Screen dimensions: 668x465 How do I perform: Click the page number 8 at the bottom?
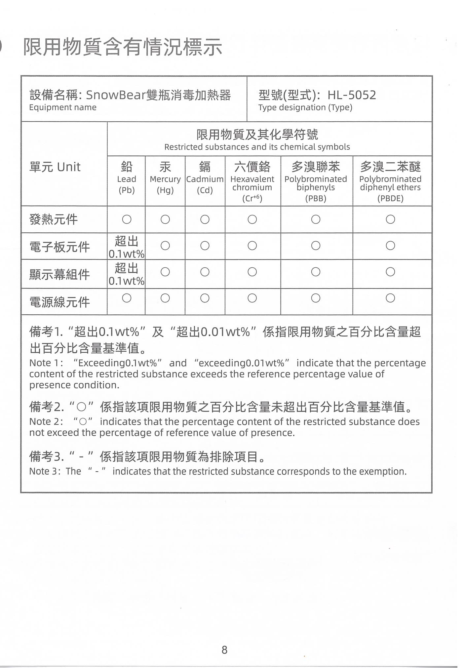(224, 649)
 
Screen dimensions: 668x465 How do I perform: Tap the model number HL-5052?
(352, 95)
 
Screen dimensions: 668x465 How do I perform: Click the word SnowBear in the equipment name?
(116, 95)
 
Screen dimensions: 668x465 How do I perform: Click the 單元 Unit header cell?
(55, 167)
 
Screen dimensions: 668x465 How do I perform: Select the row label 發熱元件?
(54, 219)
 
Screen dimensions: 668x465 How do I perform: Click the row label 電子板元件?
(59, 247)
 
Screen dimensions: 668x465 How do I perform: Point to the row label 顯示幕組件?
(59, 274)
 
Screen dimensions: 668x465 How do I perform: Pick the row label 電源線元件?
(59, 302)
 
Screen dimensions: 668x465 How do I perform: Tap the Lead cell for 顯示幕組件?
(126, 274)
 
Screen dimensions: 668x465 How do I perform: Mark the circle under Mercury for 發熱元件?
(165, 219)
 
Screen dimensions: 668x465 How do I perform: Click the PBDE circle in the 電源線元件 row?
(390, 298)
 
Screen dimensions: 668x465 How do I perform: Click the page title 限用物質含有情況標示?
(123, 47)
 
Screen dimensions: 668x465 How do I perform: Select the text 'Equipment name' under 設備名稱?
(63, 107)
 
